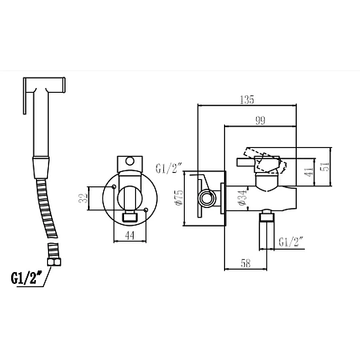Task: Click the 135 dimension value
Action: coord(247,100)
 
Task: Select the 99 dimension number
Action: coord(260,121)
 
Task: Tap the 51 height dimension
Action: coord(326,166)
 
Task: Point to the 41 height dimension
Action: coord(310,172)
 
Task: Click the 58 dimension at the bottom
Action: coord(246,263)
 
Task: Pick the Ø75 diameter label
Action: coord(179,198)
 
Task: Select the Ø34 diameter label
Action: coord(242,198)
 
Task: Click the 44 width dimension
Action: coord(130,235)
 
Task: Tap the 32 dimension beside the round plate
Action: coord(83,198)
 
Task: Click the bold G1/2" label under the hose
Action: coord(26,278)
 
